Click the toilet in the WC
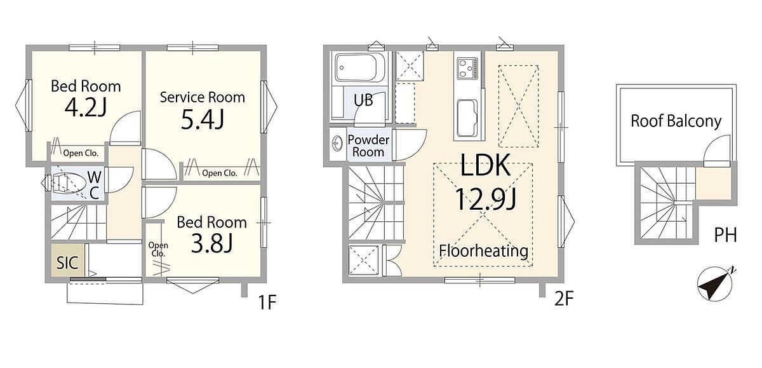[65, 184]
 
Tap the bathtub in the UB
[360, 68]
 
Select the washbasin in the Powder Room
[337, 144]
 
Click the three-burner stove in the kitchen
[467, 68]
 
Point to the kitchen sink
[467, 118]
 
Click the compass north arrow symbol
[715, 284]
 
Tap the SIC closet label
[67, 262]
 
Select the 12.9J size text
[486, 200]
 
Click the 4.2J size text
[86, 107]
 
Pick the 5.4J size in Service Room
[203, 119]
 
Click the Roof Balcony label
[676, 121]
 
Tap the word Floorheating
[484, 251]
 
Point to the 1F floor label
[267, 302]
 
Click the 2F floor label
[565, 299]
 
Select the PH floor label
[726, 235]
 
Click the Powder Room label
[368, 146]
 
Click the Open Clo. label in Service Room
[220, 174]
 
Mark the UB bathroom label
[363, 100]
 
